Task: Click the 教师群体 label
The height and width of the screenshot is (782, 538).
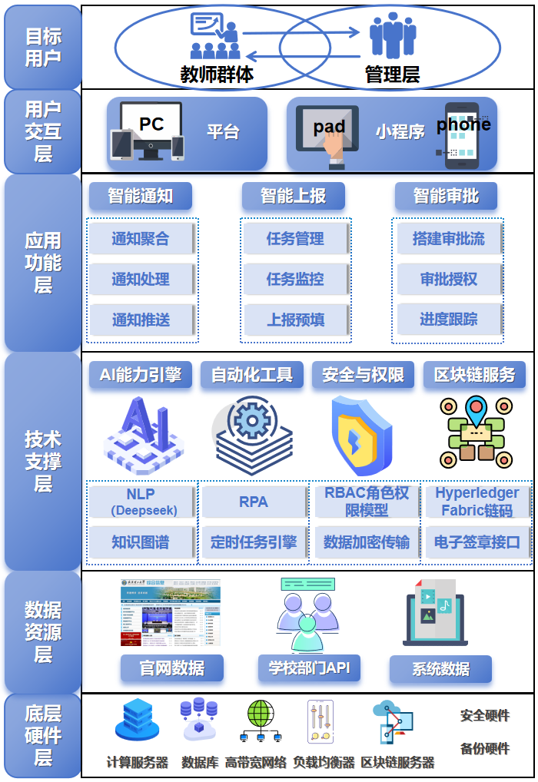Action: click(217, 74)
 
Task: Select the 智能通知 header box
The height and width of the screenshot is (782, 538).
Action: click(140, 196)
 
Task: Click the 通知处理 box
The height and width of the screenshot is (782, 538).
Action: click(141, 279)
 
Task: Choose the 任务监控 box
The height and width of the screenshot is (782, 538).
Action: click(295, 279)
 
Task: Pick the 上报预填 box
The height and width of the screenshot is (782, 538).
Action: click(295, 320)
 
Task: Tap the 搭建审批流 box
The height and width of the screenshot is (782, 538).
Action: click(449, 238)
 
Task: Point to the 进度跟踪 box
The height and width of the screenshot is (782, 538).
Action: click(449, 320)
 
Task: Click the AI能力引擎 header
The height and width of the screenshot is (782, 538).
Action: click(140, 375)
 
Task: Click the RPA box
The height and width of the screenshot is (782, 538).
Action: click(254, 502)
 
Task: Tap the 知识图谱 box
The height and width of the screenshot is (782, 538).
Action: click(141, 542)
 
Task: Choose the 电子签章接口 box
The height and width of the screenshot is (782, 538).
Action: click(477, 542)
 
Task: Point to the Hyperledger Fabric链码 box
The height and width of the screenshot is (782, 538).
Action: click(477, 502)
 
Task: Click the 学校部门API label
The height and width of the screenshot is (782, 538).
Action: click(309, 668)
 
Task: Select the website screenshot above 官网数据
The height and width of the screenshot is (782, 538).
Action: click(171, 612)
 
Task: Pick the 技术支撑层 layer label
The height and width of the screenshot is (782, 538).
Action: click(42, 461)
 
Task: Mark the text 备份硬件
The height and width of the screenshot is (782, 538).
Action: click(485, 749)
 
